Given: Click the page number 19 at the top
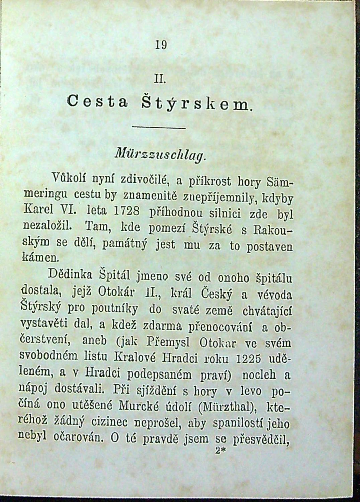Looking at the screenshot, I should [161, 45].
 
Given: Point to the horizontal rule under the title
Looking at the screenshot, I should [159, 128].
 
